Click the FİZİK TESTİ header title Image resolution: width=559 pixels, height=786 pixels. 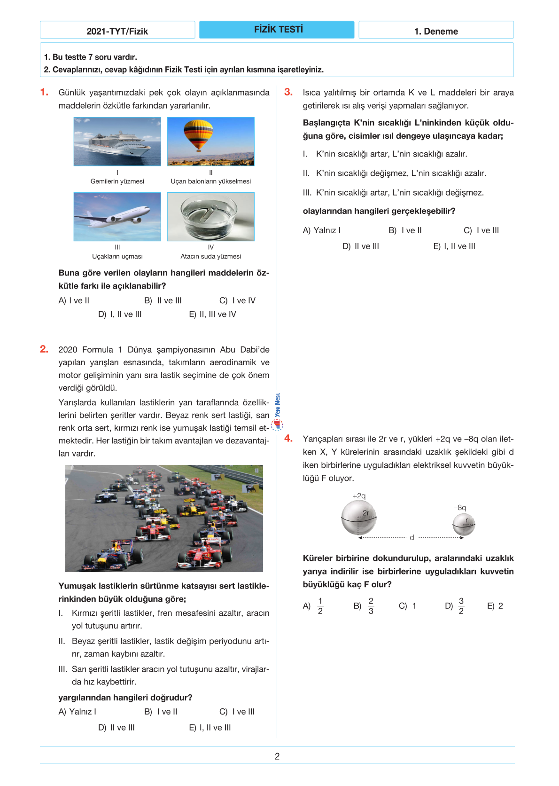pos(278,30)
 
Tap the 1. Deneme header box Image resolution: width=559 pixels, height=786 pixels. pos(436,30)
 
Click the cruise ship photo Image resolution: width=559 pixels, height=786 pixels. pos(117,141)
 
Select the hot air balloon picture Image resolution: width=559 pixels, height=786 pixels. pos(210,141)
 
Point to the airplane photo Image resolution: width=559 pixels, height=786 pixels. pos(117,217)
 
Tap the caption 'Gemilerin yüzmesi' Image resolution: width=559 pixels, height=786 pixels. pos(117,181)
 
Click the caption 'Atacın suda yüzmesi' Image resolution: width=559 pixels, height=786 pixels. pos(210,256)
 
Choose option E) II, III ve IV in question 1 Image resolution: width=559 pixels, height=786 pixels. pos(212,314)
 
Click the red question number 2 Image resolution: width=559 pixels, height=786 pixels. pos(44,349)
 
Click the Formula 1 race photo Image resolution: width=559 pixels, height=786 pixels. pos(164,518)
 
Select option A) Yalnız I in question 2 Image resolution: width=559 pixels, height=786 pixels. pos(78,712)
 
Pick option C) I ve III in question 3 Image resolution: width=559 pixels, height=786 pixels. pos(481,230)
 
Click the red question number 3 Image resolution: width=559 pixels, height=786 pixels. pos(288,92)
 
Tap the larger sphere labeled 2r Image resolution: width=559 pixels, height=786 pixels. pos(359,518)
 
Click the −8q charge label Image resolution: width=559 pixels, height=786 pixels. pos(460,508)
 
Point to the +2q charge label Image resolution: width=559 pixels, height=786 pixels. pos(359,496)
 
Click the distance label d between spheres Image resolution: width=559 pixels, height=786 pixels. pos(412,537)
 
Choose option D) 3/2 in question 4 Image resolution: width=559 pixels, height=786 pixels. pos(455,606)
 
